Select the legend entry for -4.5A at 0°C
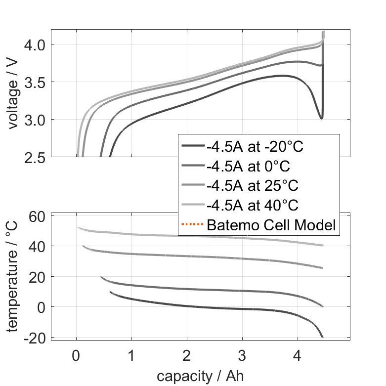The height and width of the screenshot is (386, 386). [252, 166]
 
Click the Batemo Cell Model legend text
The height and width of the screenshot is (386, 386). [271, 225]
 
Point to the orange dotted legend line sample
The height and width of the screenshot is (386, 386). [192, 225]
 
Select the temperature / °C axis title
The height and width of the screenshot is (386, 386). [13, 275]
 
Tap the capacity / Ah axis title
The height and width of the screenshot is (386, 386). [201, 376]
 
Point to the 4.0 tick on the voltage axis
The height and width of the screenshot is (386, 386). [35, 44]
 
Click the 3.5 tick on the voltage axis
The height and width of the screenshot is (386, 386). [35, 82]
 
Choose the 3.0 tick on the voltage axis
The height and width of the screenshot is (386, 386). [35, 120]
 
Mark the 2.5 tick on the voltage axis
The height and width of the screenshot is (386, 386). [35, 157]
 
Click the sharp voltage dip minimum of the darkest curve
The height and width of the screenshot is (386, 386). [322, 119]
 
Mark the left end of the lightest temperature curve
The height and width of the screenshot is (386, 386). [78, 228]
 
